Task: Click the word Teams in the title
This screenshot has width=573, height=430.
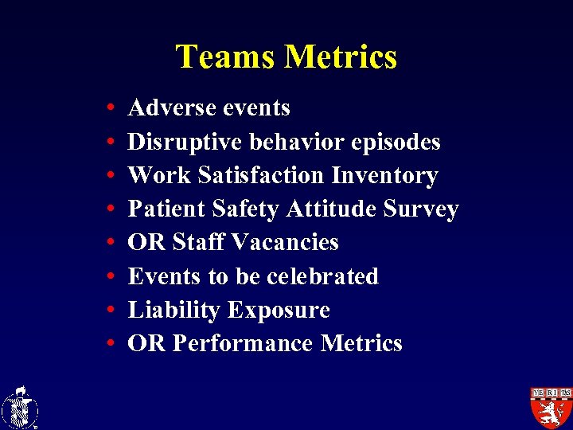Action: pos(225,57)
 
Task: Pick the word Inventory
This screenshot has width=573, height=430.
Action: pos(384,175)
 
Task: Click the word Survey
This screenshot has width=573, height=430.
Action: pos(422,209)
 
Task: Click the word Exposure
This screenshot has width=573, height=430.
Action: pos(279,310)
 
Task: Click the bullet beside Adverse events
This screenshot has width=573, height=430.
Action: pos(108,108)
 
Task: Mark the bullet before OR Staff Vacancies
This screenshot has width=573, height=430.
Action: pos(108,243)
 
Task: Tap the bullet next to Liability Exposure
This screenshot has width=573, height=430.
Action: pos(108,311)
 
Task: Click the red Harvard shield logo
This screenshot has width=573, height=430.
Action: pos(551,407)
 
